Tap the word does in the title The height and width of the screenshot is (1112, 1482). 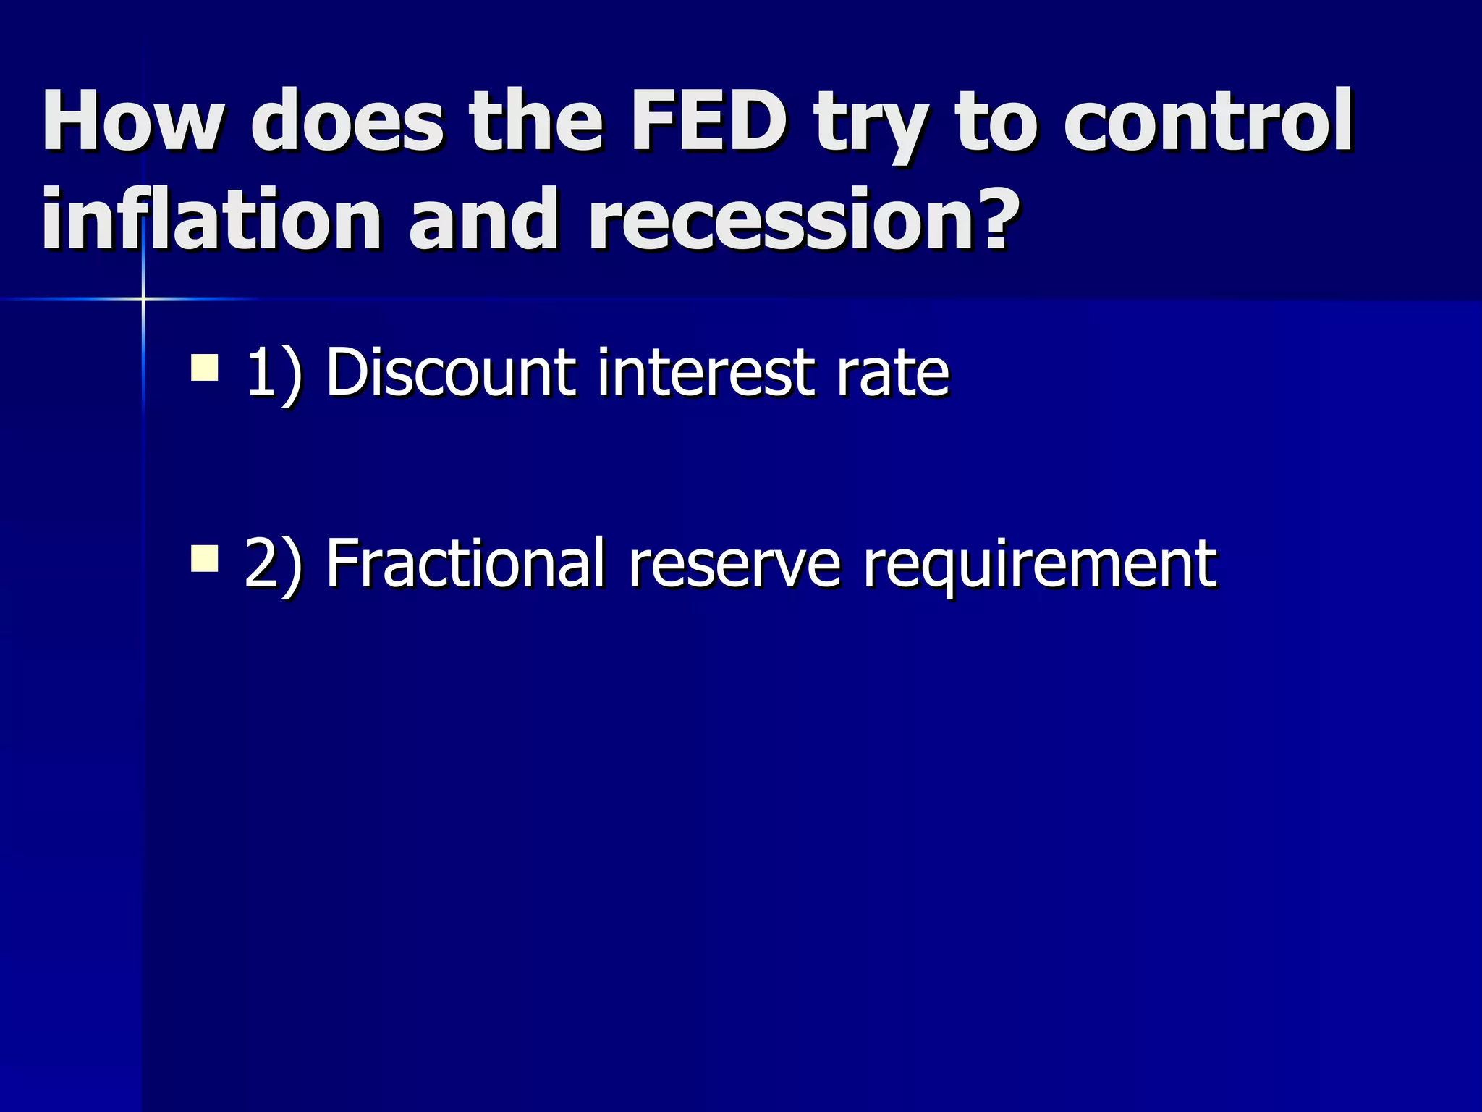coord(347,120)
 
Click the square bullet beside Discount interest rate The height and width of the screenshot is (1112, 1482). coord(205,366)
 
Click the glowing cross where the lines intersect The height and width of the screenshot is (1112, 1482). coord(143,298)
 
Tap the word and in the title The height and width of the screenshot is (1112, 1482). coord(486,219)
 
